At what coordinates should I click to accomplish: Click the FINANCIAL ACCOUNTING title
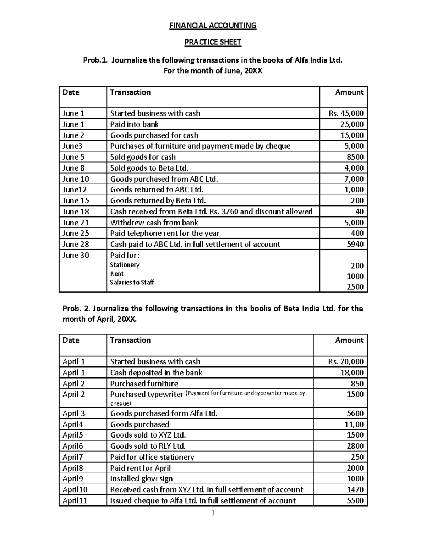[x=213, y=26]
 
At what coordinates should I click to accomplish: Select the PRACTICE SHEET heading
[x=213, y=42]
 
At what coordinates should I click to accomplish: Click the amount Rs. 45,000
[x=346, y=113]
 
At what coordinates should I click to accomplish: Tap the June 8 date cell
[x=73, y=168]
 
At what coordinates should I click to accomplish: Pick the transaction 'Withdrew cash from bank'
[x=154, y=223]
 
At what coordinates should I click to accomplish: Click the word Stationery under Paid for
[x=125, y=265]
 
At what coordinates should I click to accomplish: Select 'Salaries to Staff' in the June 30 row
[x=132, y=282]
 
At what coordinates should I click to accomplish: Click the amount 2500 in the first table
[x=355, y=287]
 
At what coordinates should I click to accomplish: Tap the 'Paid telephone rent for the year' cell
[x=165, y=233]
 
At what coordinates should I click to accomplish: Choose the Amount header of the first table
[x=349, y=92]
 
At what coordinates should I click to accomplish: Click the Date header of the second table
[x=71, y=340]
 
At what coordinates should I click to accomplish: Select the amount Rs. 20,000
[x=346, y=362]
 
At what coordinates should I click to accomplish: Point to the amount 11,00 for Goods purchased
[x=354, y=424]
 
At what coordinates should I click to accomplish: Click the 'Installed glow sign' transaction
[x=141, y=479]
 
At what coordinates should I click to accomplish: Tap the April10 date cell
[x=75, y=490]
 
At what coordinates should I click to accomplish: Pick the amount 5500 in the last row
[x=355, y=501]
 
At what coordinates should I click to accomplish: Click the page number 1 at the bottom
[x=213, y=513]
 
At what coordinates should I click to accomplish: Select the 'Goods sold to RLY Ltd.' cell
[x=148, y=446]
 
